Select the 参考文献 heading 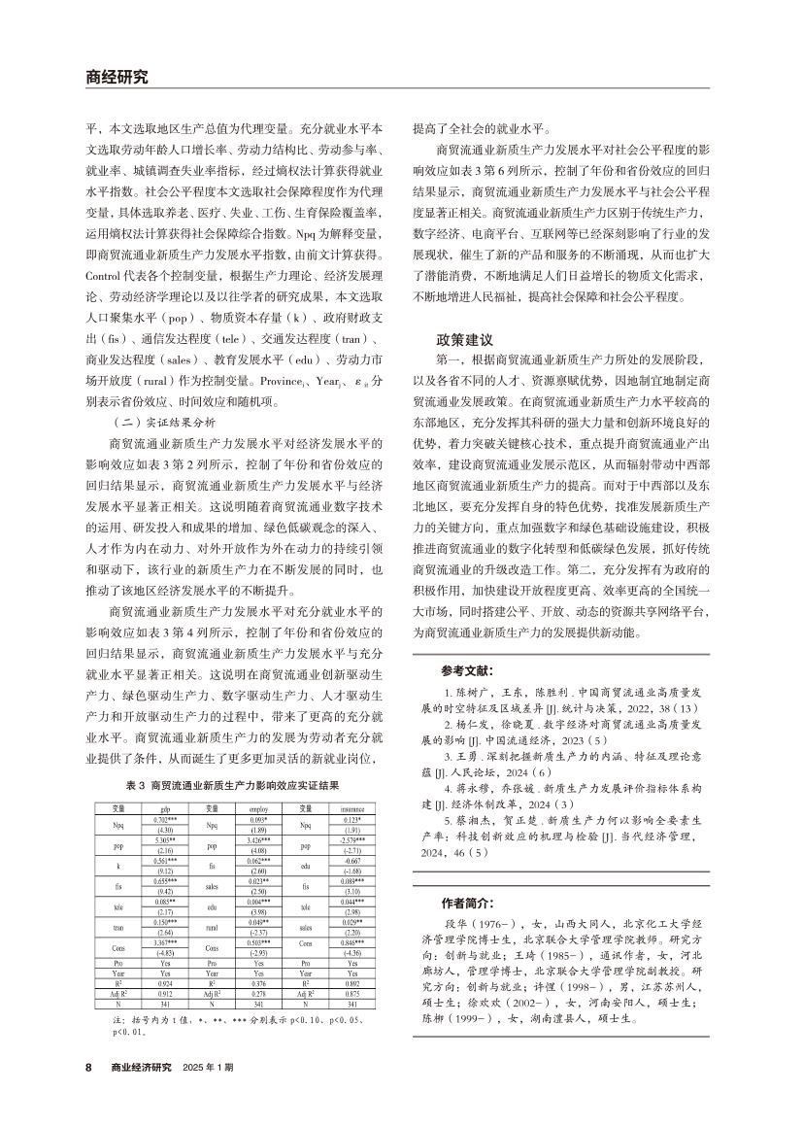[x=467, y=670]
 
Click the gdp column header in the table [x=165, y=807]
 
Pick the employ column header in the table [x=258, y=807]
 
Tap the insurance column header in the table [x=352, y=807]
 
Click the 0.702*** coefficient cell [x=165, y=821]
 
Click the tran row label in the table [x=118, y=928]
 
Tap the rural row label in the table [x=213, y=928]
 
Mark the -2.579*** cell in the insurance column [x=352, y=841]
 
